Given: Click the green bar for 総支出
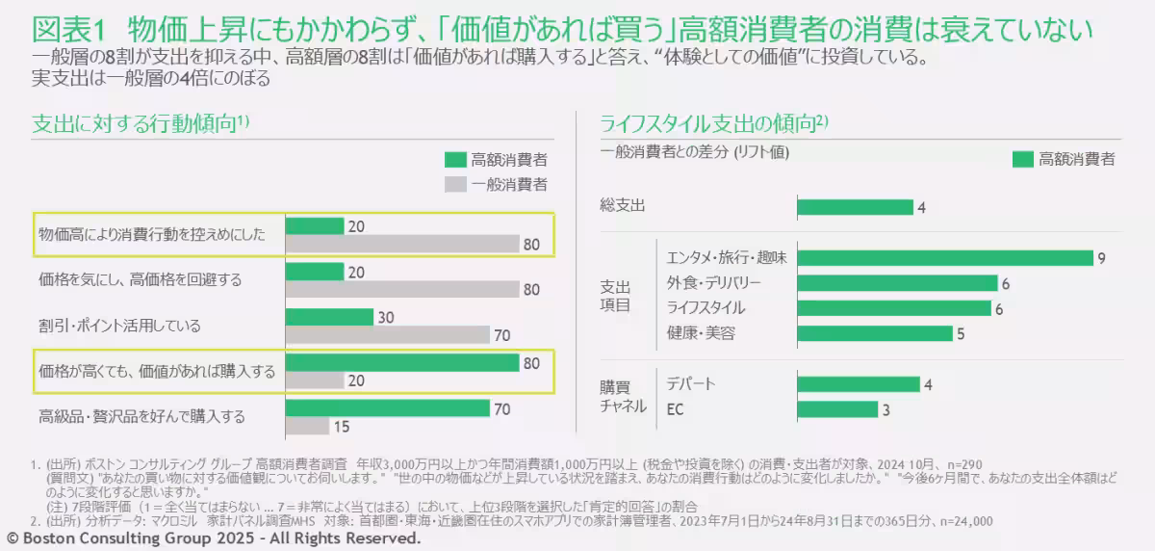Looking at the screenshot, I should [855, 207].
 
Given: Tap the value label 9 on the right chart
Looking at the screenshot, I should [1100, 257].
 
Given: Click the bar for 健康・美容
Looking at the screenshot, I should [875, 334].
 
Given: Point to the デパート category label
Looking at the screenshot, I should [691, 384].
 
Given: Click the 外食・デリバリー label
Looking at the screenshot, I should [713, 283].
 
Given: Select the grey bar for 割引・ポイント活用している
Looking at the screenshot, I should [388, 335].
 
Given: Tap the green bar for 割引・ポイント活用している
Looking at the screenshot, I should [329, 317].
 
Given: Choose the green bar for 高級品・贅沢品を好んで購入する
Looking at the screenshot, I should [388, 407].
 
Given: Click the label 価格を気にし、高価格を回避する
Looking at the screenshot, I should [140, 280].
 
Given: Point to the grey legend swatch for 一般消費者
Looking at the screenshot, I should [454, 184].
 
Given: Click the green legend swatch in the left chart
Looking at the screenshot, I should [454, 159].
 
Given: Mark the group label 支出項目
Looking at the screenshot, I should [615, 296].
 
